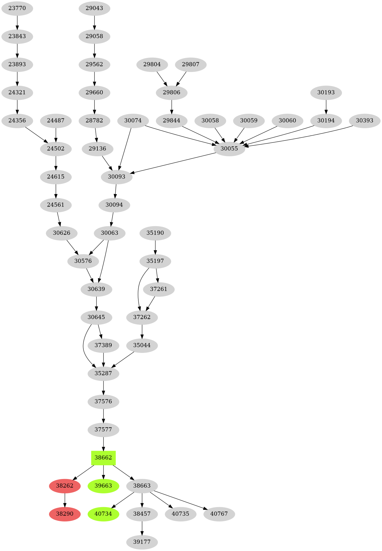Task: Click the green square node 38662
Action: click(103, 458)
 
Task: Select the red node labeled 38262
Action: click(65, 486)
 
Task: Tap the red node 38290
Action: click(65, 514)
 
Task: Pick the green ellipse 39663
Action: click(103, 486)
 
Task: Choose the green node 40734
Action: click(103, 514)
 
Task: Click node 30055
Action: click(229, 149)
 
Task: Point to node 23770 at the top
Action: click(17, 8)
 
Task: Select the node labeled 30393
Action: click(364, 121)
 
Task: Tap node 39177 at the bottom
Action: click(142, 542)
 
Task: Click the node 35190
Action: click(155, 233)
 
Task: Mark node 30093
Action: click(116, 177)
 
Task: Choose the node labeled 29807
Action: click(190, 64)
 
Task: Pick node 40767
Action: click(219, 514)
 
